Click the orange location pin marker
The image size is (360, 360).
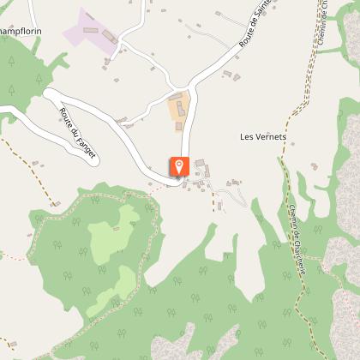180,167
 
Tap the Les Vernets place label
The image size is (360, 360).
263,136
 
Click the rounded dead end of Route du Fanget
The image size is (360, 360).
50,96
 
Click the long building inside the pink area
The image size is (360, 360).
111,37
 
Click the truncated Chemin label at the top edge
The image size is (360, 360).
326,26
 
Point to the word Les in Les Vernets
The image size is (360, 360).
247,136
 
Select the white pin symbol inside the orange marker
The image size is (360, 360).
180,165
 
